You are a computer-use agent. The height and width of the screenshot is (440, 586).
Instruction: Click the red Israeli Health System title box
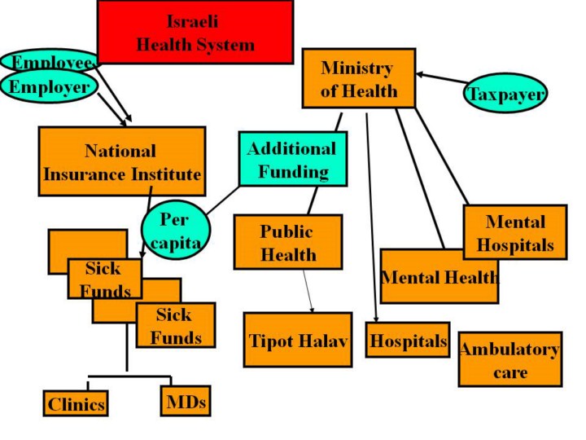195,33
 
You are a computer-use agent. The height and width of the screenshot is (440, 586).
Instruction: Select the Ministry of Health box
358,78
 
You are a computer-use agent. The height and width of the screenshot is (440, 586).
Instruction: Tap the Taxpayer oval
505,94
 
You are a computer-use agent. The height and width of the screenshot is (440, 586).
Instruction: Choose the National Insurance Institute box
121,161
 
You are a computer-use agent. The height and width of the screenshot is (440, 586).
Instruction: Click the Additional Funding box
291,160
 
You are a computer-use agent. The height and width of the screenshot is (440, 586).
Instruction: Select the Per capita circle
173,231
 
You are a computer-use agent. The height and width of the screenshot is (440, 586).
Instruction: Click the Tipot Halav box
298,340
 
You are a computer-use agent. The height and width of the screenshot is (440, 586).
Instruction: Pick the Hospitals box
408,341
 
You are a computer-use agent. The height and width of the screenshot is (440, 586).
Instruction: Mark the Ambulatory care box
509,359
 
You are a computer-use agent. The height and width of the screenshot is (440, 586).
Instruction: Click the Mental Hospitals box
514,232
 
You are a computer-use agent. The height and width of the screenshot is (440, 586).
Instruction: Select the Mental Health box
439,276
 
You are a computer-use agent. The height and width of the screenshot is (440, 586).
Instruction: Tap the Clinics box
76,403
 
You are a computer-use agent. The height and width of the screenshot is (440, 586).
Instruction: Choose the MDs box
185,401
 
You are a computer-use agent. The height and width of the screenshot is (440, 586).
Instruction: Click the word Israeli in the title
194,20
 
